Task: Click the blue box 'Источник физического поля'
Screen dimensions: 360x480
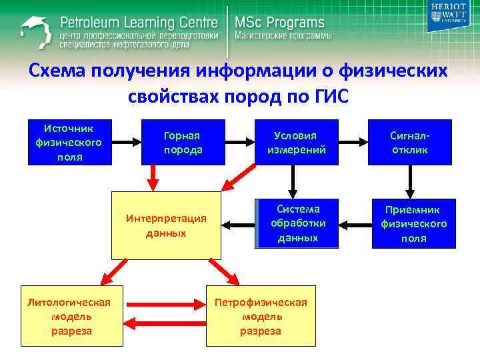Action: click(x=68, y=142)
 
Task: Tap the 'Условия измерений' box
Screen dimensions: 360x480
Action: click(x=296, y=143)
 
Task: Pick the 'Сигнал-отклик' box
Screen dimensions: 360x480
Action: click(x=409, y=143)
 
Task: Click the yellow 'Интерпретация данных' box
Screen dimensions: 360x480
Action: click(x=165, y=225)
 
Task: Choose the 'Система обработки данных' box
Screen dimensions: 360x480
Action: click(x=296, y=223)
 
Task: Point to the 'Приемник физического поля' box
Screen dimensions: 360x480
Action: click(x=413, y=223)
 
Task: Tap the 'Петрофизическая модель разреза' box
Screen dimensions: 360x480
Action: click(x=261, y=317)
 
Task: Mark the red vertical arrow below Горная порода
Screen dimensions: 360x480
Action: click(x=153, y=177)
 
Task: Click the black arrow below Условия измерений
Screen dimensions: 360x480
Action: click(x=293, y=179)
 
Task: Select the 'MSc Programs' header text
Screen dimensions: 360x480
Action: click(x=279, y=23)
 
